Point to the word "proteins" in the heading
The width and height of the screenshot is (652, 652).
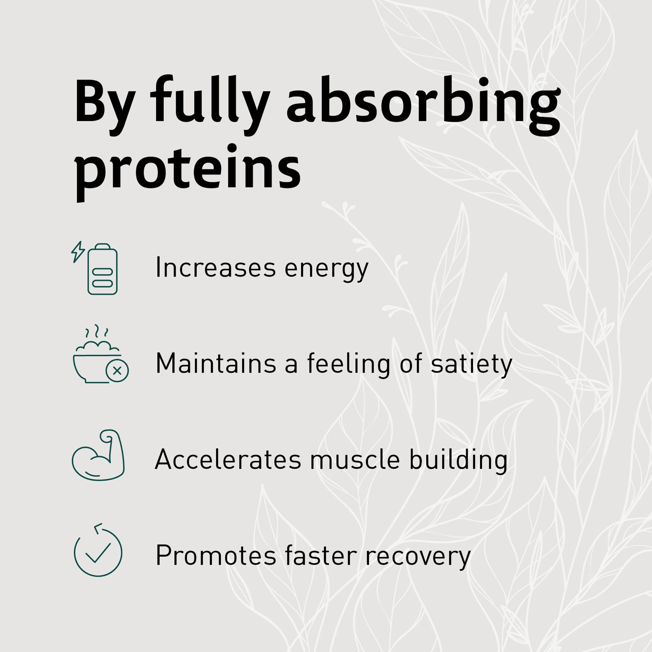pyautogui.click(x=188, y=169)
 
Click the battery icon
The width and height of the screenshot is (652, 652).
pyautogui.click(x=102, y=269)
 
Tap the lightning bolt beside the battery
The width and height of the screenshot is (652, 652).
pyautogui.click(x=78, y=251)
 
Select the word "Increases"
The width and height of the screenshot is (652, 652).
pyautogui.click(x=216, y=268)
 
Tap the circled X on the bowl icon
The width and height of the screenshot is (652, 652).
pyautogui.click(x=117, y=371)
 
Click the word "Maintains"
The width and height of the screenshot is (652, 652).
pyautogui.click(x=216, y=363)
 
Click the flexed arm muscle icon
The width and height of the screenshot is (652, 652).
pyautogui.click(x=98, y=455)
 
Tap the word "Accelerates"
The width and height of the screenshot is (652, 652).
pyautogui.click(x=228, y=459)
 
